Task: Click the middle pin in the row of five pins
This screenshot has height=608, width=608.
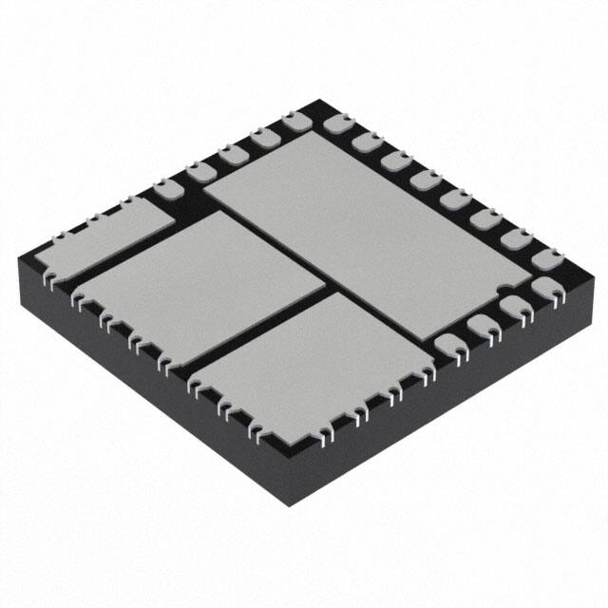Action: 229,155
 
